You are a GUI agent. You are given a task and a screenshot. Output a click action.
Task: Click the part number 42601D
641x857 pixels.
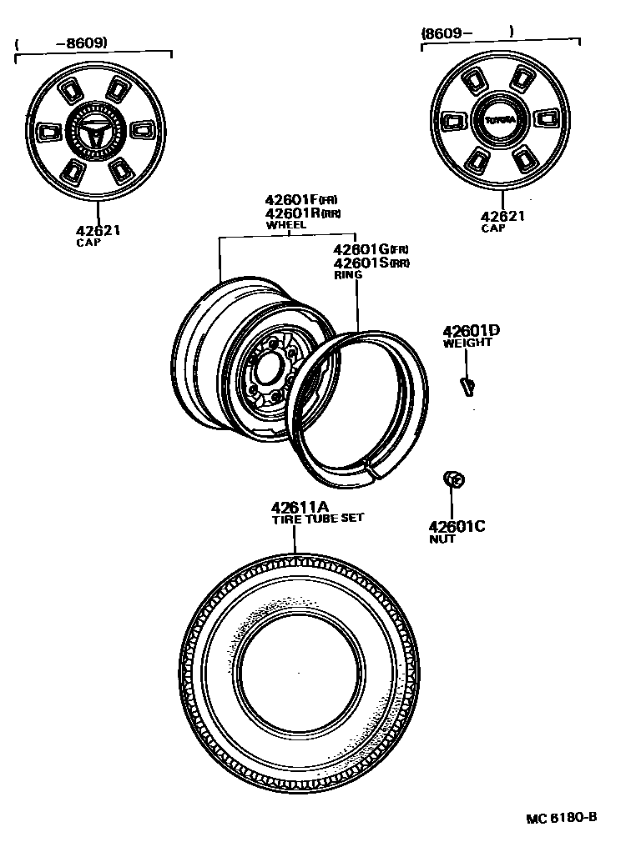pyautogui.click(x=472, y=331)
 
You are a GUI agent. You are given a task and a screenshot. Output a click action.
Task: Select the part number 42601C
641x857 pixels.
pyautogui.click(x=457, y=526)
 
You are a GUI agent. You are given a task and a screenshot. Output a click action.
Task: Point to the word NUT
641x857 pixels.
pyautogui.click(x=442, y=539)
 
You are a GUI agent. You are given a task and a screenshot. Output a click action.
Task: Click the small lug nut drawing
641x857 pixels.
pyautogui.click(x=454, y=479)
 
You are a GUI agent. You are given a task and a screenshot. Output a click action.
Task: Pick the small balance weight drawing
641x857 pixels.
pyautogui.click(x=467, y=384)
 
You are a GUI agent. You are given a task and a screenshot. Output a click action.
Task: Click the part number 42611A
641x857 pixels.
pyautogui.click(x=299, y=507)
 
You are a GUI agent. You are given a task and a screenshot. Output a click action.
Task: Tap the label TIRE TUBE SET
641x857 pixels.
pyautogui.click(x=317, y=519)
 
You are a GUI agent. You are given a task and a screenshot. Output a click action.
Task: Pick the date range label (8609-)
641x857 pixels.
pyautogui.click(x=467, y=33)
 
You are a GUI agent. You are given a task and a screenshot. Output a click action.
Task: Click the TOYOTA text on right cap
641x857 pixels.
pyautogui.click(x=501, y=120)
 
